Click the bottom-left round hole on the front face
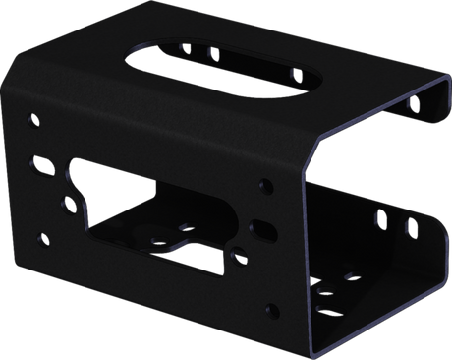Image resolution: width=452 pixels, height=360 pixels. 40,236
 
